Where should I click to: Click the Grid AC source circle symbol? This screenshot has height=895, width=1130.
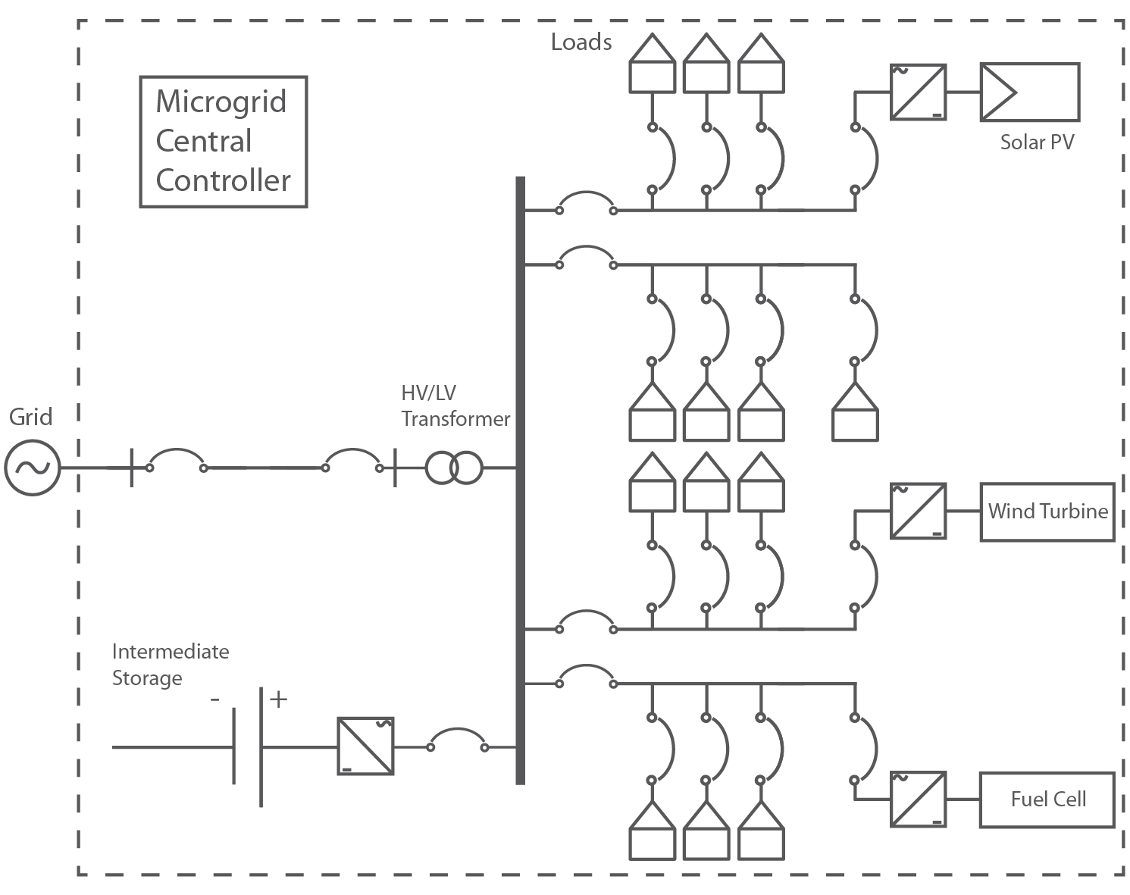[x=33, y=468]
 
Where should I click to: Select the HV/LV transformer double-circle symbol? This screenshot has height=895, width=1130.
[x=453, y=468]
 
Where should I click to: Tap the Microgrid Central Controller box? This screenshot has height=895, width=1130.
[x=224, y=142]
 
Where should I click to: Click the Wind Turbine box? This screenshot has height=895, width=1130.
[x=1047, y=512]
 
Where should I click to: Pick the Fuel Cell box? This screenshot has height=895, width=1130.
[x=1047, y=800]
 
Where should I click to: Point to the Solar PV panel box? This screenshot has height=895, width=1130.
[x=1029, y=92]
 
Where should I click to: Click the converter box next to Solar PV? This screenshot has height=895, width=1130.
[x=918, y=92]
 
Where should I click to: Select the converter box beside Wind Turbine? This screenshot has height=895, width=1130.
[x=918, y=512]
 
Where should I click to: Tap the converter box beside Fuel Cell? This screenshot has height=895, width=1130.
[x=918, y=800]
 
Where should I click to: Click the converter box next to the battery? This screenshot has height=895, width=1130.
[x=365, y=746]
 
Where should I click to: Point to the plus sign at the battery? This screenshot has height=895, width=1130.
[x=279, y=699]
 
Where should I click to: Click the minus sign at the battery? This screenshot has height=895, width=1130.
[x=215, y=699]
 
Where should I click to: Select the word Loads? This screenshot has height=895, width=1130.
[x=581, y=42]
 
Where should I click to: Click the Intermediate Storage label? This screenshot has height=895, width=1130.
[x=170, y=665]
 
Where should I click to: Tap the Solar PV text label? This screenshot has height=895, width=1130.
[x=1036, y=142]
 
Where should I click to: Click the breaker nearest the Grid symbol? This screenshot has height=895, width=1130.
[x=177, y=461]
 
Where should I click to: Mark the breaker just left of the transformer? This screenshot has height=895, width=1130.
[x=352, y=461]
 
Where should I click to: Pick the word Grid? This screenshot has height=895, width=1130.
[x=31, y=417]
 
